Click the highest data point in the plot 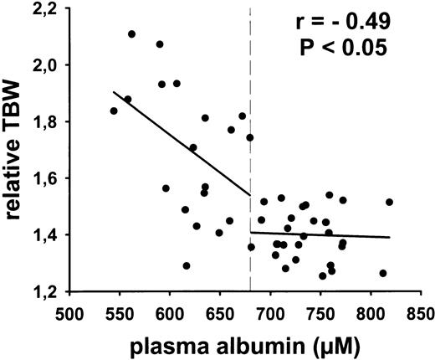click(131, 34)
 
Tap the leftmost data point click(114, 111)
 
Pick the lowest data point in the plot click(322, 275)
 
